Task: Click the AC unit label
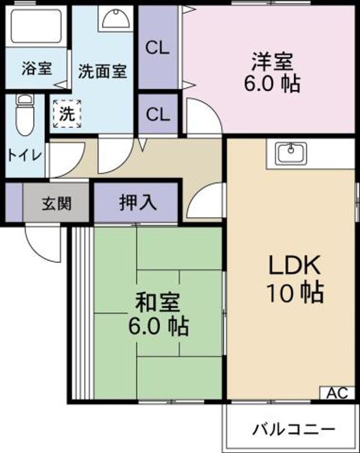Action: pos(337,393)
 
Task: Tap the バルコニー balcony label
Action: pos(294,429)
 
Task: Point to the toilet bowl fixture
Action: pos(25,115)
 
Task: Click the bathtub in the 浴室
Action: pos(36,26)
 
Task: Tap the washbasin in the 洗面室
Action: pos(116,18)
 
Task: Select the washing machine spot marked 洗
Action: pos(67,114)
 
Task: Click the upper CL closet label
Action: pos(157,48)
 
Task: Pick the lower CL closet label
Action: pos(158,115)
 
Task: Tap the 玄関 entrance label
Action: pos(57,204)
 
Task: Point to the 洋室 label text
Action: pos(273,61)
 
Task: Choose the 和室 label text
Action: pos(158,302)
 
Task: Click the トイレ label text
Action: pos(25,156)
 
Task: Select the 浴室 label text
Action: pos(37,69)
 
